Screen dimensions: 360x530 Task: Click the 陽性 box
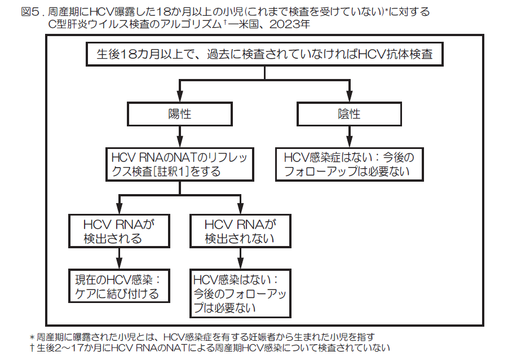point(179,114)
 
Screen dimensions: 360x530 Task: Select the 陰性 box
point(349,114)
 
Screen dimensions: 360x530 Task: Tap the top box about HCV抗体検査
point(264,55)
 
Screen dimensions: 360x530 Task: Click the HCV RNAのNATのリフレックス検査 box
point(179,164)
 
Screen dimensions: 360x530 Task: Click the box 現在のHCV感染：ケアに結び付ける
point(118,287)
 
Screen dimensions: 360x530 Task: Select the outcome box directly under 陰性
point(349,164)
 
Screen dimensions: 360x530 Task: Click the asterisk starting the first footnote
point(32,337)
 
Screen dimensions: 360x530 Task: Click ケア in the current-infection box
point(85,294)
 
